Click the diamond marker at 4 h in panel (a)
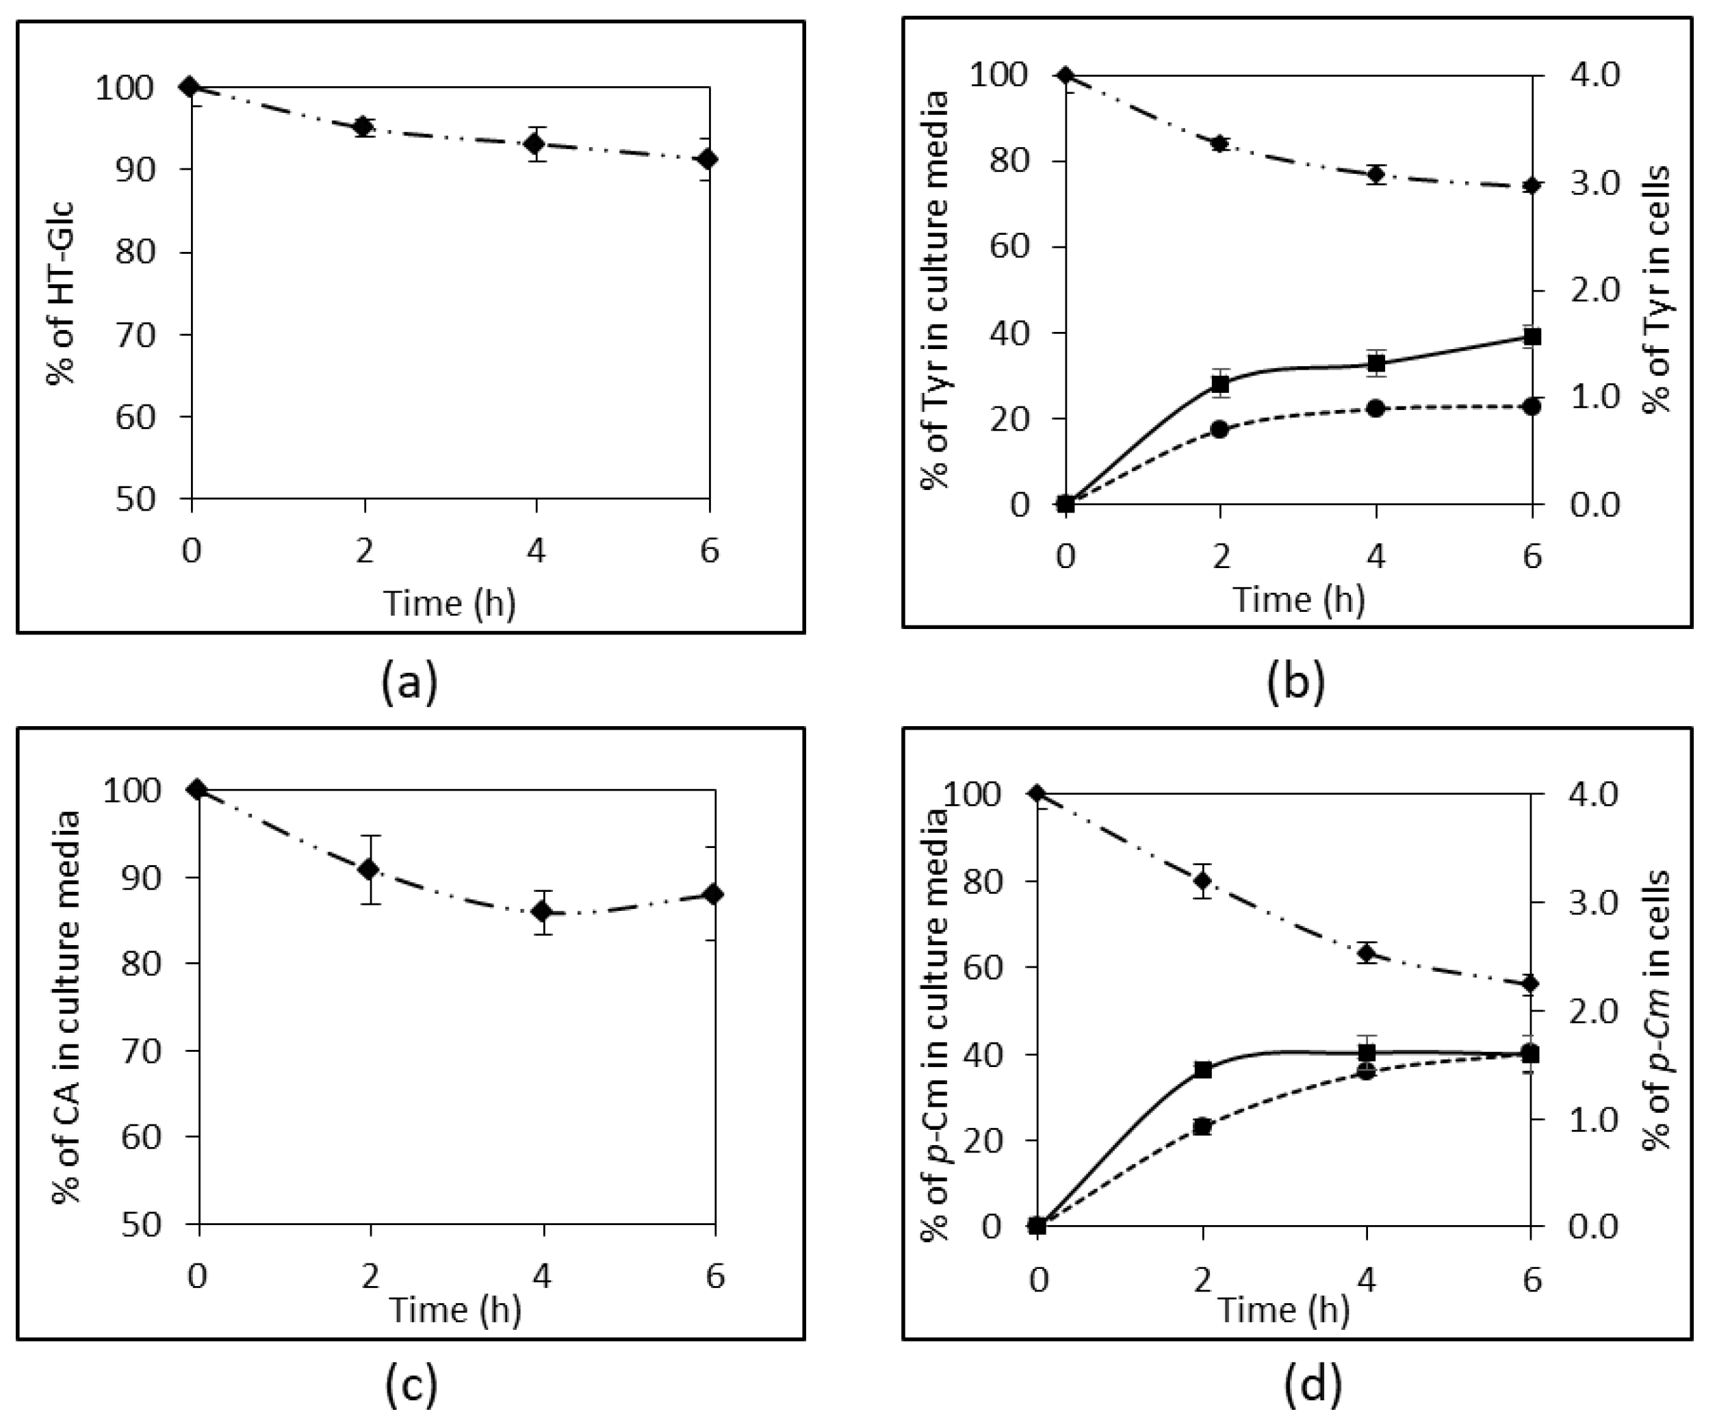tap(536, 144)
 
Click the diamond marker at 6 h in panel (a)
tap(709, 159)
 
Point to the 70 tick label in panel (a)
tap(135, 335)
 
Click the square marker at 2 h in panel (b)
tap(1221, 382)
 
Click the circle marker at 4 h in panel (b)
tap(1376, 408)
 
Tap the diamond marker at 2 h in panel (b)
tap(1221, 144)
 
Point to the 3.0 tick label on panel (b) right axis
tap(1595, 183)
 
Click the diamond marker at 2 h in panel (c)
tap(370, 869)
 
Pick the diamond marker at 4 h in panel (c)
tap(541, 911)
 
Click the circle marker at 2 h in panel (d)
tap(1201, 1127)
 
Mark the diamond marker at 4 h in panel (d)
tap(1366, 953)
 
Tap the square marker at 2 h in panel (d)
tap(1202, 1070)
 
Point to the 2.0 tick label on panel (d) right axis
tap(1595, 1012)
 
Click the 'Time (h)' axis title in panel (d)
tap(1284, 1309)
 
